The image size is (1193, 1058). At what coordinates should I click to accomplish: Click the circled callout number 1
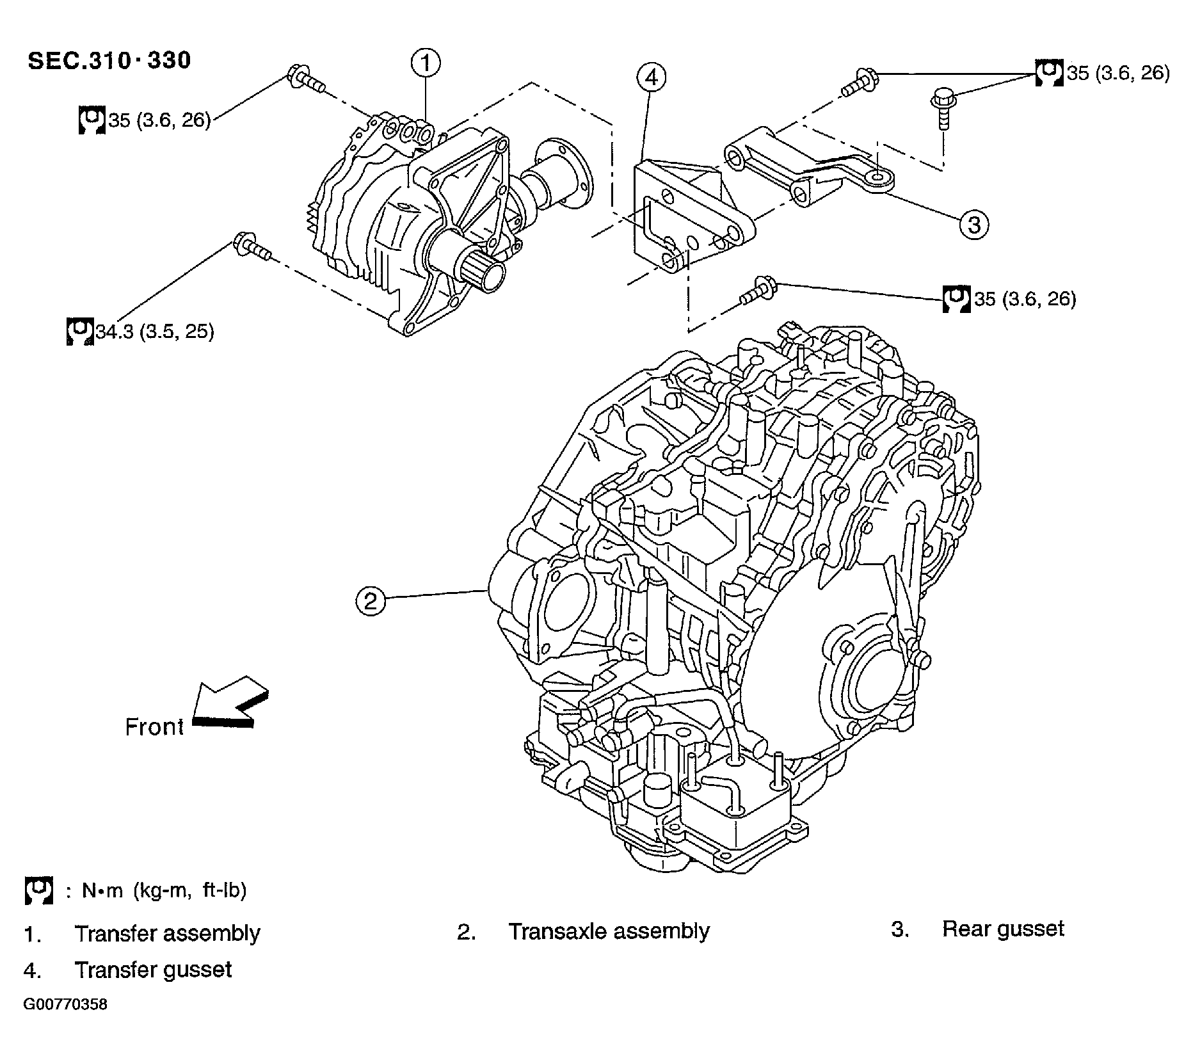point(426,63)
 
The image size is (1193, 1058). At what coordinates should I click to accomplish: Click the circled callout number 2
point(371,601)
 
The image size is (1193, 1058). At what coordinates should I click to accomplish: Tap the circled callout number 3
point(973,225)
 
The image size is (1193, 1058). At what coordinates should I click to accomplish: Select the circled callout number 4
point(651,77)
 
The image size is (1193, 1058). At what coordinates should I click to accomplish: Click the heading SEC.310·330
point(109,60)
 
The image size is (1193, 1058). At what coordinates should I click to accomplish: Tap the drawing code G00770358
point(65,1004)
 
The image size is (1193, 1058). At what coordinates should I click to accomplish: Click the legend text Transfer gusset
point(153,969)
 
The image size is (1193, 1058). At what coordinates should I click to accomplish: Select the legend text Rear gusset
point(1002,929)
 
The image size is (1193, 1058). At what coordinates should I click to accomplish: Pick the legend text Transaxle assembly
point(609,931)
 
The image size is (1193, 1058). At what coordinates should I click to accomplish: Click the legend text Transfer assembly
point(167,933)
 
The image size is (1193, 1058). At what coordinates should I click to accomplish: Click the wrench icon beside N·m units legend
point(38,890)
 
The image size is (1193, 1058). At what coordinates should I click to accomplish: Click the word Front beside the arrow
point(154,727)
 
